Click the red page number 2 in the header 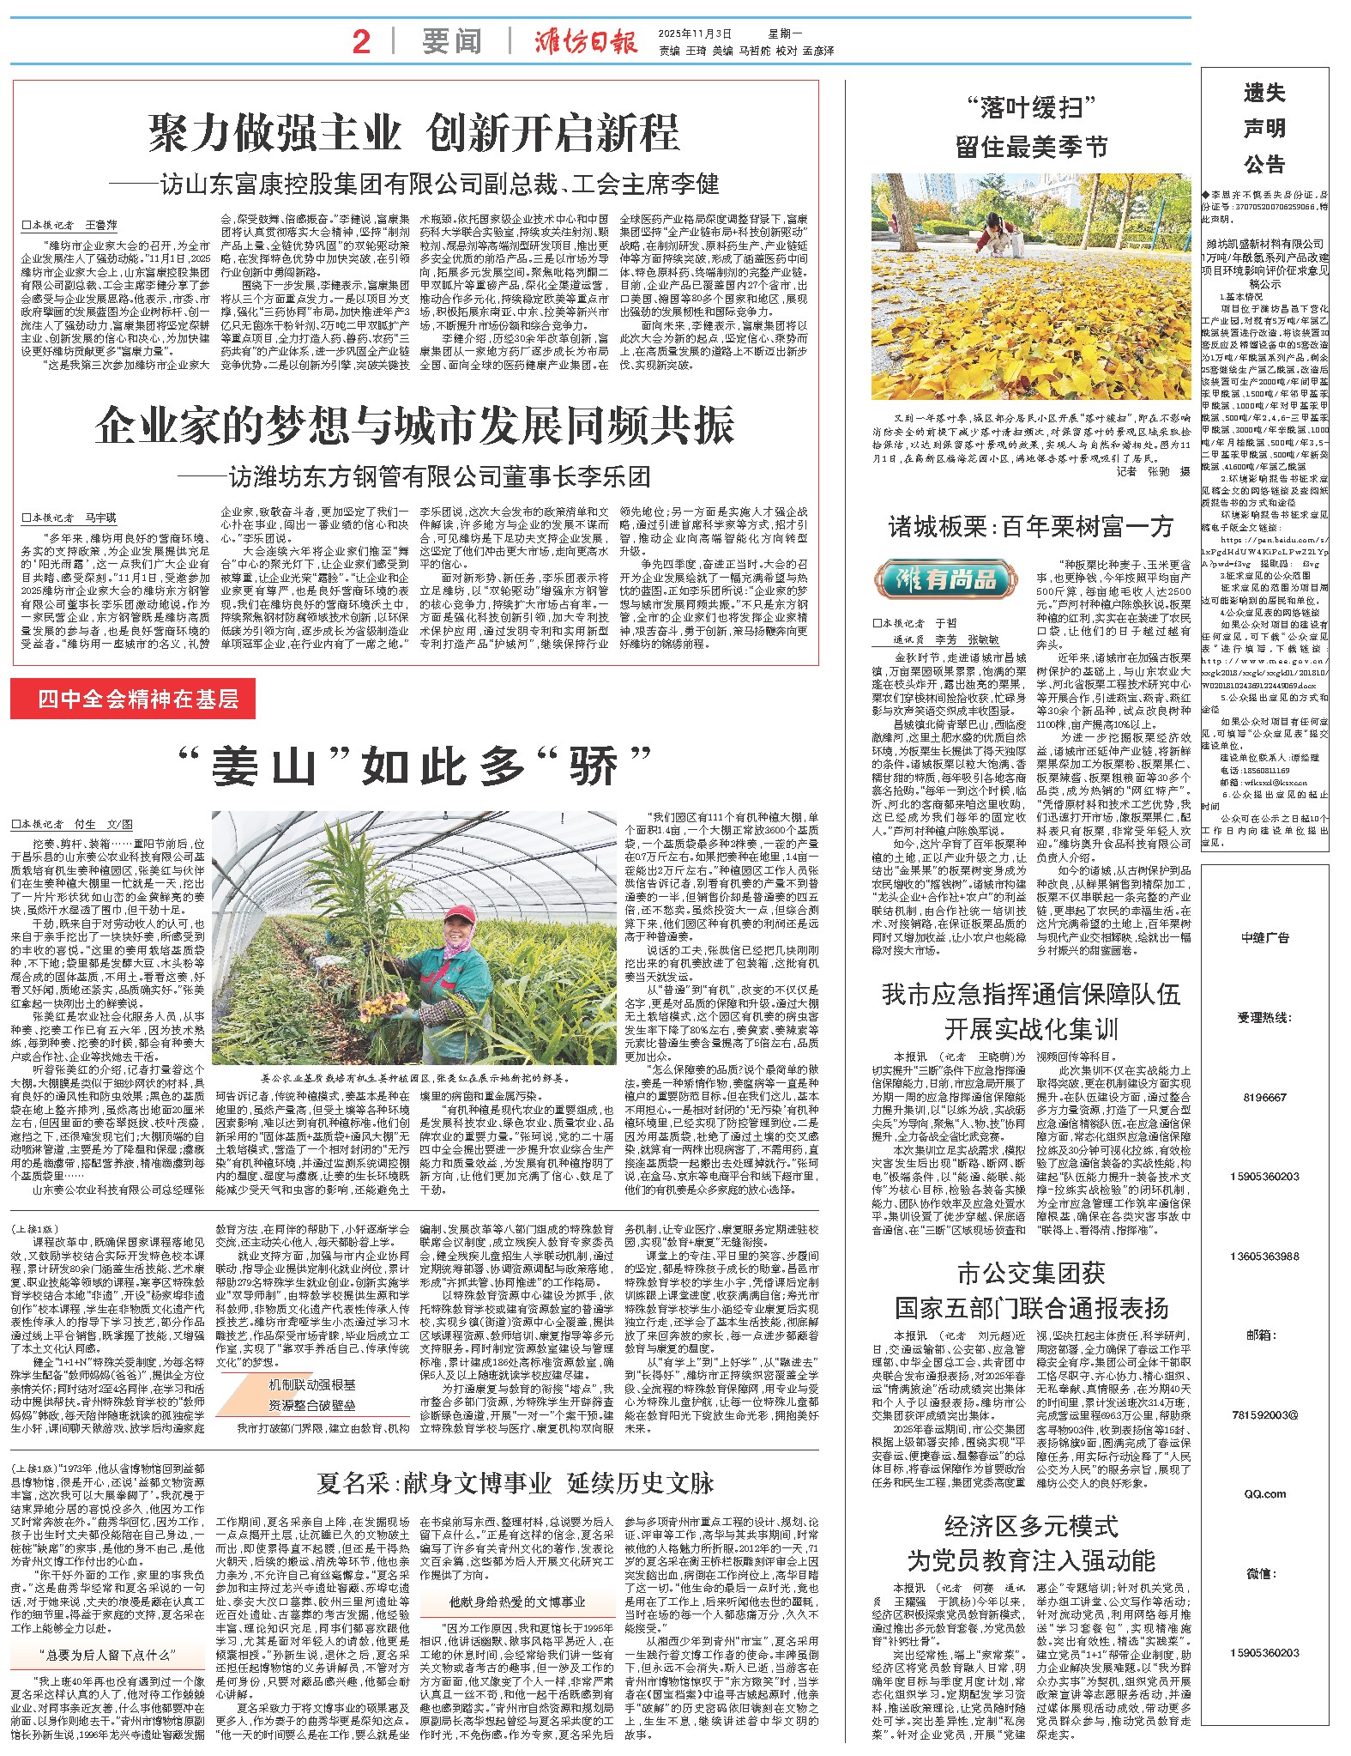pyautogui.click(x=361, y=40)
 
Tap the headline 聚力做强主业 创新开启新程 pyautogui.click(x=414, y=132)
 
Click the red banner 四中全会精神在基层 pyautogui.click(x=133, y=699)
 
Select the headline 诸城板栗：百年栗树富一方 pyautogui.click(x=1030, y=526)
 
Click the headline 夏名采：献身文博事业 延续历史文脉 pyautogui.click(x=516, y=1483)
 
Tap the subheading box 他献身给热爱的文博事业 pyautogui.click(x=516, y=1602)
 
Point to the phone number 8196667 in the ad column pyautogui.click(x=1265, y=1097)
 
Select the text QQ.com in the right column pyautogui.click(x=1265, y=1493)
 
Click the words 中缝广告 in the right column pyautogui.click(x=1265, y=938)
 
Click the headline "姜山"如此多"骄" pyautogui.click(x=414, y=766)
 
